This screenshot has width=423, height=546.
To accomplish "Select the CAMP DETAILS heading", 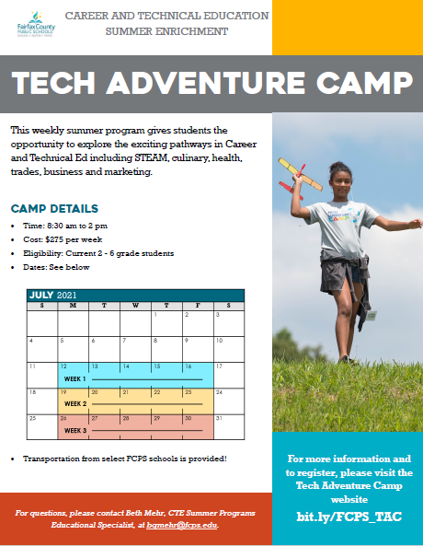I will coord(54,209).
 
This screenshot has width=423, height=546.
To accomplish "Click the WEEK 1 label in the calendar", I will coord(74,378).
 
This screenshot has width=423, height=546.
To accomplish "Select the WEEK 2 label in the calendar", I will coord(74,403).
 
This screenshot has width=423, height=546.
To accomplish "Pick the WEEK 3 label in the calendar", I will coord(74,430).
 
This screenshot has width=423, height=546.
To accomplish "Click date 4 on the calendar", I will coord(32,341).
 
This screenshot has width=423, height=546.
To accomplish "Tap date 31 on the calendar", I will coord(219,418).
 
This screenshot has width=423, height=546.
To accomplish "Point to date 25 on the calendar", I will coord(33,418).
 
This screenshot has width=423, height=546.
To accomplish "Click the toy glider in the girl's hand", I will coord(301,174).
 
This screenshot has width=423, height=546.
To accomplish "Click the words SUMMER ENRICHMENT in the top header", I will coord(166,31).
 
